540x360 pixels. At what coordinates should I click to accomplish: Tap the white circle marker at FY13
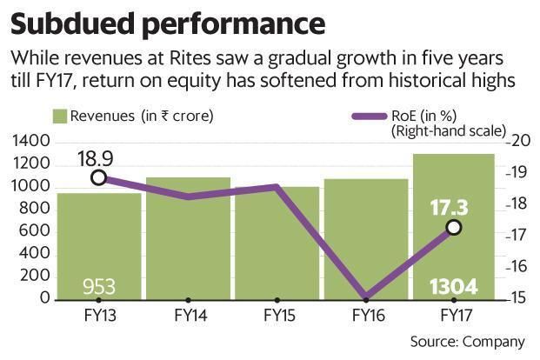point(99,177)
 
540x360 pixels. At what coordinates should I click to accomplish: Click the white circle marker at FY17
point(453,227)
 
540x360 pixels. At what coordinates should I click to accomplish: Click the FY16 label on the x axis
point(364,314)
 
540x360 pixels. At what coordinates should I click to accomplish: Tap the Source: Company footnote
point(467,341)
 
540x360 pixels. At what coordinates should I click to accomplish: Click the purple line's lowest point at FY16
point(364,297)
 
